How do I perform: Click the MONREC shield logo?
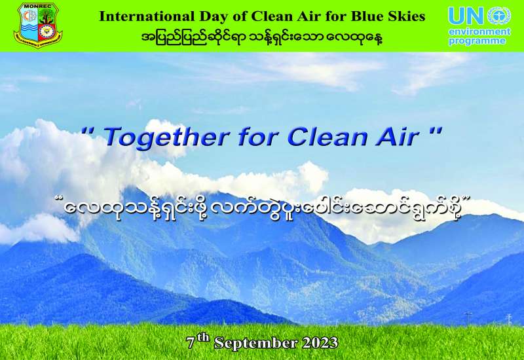click(x=38, y=26)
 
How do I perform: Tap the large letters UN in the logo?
click(x=466, y=16)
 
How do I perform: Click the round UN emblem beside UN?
click(x=499, y=16)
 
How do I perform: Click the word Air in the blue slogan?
click(x=398, y=137)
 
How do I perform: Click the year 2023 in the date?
click(x=320, y=342)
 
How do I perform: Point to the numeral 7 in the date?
click(x=191, y=343)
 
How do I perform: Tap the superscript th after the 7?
click(x=203, y=338)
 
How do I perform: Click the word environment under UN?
click(x=479, y=31)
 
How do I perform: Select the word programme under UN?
click(x=477, y=41)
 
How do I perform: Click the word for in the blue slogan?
click(x=259, y=137)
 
